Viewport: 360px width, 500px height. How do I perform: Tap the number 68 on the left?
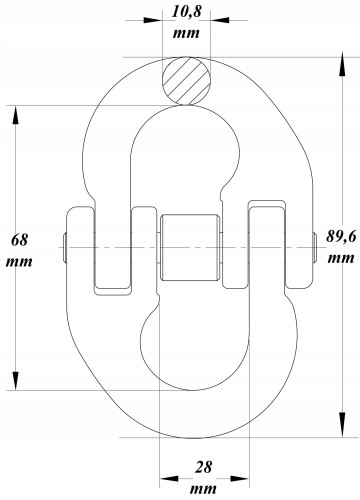pos(18,240)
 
